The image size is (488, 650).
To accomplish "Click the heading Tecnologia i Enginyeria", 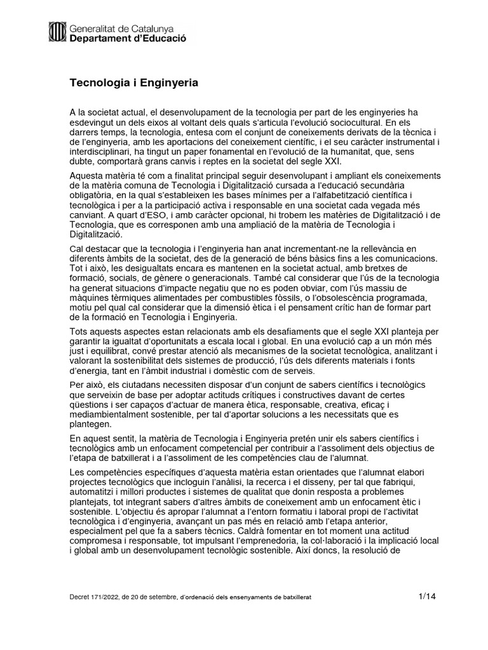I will click(x=134, y=83).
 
